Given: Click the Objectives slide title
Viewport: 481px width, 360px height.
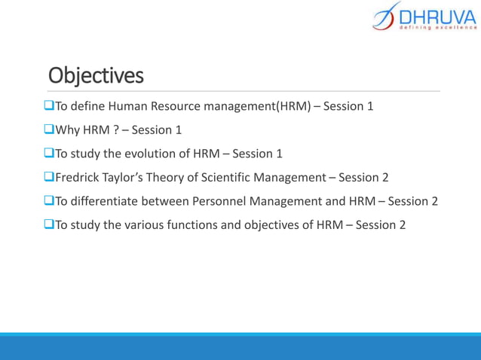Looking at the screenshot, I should point(95,76).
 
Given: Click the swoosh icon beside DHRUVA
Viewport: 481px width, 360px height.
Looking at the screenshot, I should point(384,17).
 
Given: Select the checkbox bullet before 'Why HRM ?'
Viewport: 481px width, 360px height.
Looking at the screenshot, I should point(50,130).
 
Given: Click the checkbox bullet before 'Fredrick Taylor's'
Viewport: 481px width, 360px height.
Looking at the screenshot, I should point(50,177).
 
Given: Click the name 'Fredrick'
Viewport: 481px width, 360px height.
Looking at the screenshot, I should point(78,177).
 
